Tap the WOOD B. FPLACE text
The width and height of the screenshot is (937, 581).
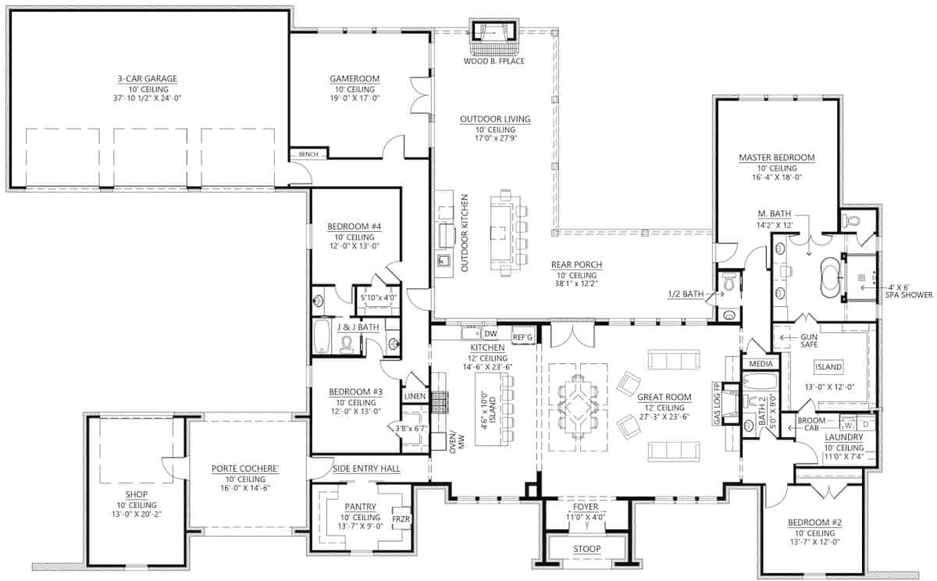494,60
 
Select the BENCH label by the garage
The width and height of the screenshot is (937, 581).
308,155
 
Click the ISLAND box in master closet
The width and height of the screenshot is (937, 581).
828,367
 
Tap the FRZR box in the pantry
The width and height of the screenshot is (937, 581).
401,519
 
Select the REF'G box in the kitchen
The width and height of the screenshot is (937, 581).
522,336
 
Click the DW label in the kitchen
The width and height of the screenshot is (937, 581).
490,334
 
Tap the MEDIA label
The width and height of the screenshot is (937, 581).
760,364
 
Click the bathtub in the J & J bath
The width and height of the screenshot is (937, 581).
322,337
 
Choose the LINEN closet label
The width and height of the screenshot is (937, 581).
415,397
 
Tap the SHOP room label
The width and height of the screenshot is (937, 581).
136,494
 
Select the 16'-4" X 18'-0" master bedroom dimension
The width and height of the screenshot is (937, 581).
776,177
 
